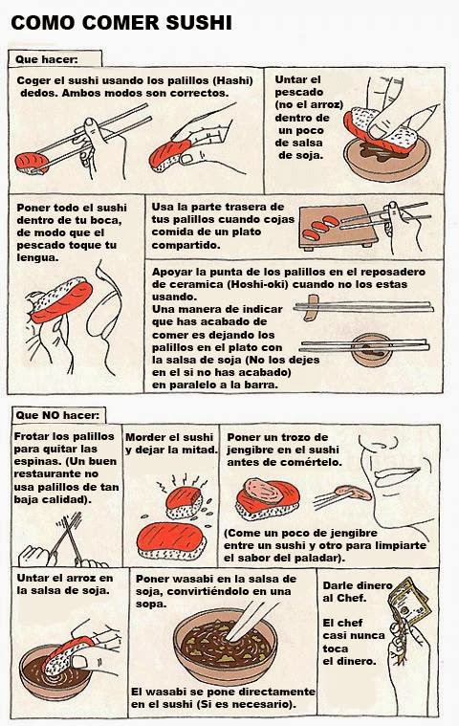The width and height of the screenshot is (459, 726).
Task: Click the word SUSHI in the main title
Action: coord(199,23)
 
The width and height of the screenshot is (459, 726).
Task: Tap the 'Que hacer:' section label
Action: coord(47,59)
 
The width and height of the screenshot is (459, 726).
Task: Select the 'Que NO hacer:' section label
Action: coord(57,415)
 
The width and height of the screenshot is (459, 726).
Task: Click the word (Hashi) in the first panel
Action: coord(232,80)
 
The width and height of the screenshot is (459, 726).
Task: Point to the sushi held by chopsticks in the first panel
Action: coord(32,163)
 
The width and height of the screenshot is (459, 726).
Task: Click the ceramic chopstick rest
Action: coord(312,307)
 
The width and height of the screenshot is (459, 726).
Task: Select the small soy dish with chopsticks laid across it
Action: coord(372,349)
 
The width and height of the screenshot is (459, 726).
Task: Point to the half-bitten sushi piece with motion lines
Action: coord(185,503)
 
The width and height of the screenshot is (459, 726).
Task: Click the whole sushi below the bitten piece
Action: coord(172,541)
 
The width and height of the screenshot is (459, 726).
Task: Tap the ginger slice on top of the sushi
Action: coord(264,492)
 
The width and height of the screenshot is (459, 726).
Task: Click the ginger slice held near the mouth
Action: coord(353,493)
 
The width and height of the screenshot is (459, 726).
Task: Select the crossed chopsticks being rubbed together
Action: coord(71,537)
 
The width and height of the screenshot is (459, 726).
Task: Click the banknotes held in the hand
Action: coord(408,602)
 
